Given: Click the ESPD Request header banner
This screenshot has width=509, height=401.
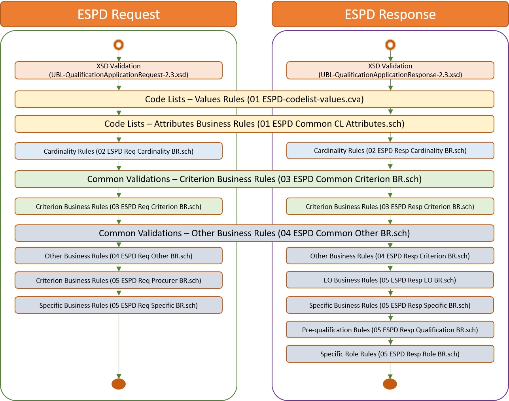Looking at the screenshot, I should click(119, 14).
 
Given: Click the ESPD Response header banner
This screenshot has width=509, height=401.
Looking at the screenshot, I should click(390, 14).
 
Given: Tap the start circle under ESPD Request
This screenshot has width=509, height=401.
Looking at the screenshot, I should click(119, 45).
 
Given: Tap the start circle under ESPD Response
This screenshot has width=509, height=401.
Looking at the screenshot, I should click(390, 45).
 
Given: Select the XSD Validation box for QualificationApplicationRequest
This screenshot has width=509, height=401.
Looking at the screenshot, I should click(119, 70).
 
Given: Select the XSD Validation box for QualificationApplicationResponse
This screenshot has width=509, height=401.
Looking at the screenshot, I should click(390, 70).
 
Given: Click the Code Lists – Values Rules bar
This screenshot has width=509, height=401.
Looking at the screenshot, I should click(254, 99).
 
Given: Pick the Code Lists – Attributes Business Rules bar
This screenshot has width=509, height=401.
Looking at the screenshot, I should click(254, 124).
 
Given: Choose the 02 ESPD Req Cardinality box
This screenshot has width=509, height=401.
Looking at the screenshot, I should click(119, 151).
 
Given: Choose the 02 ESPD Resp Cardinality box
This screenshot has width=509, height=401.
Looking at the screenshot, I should click(390, 151).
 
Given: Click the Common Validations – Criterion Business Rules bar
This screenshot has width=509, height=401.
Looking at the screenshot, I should click(254, 179).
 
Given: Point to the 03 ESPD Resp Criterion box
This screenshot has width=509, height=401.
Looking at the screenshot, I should click(390, 206).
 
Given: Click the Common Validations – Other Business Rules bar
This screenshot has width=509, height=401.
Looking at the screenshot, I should click(254, 233).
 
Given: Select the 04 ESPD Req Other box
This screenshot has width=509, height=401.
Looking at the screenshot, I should click(119, 256).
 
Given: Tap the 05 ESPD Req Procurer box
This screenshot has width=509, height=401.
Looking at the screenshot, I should click(119, 281).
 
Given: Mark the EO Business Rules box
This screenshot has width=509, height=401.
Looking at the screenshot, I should click(390, 280).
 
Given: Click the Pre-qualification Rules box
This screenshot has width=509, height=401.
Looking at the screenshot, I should click(390, 330).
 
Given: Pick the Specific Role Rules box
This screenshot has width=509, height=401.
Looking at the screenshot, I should click(390, 354).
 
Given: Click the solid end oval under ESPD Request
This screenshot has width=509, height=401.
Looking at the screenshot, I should click(119, 384).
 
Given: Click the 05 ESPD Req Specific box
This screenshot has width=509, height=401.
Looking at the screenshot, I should click(119, 305).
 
